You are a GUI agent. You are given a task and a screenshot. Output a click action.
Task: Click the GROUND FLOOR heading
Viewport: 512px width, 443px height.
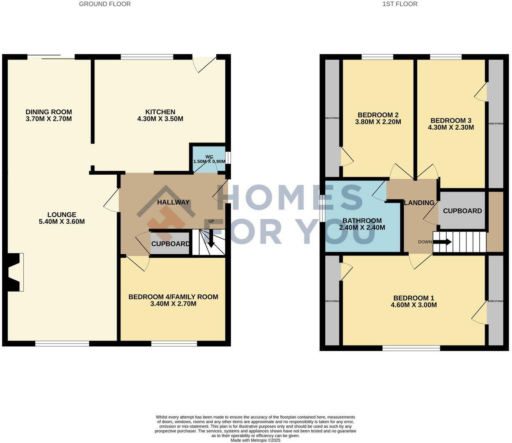coord(105,4)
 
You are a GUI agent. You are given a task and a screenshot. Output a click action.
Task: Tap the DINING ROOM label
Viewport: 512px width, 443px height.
coord(49,112)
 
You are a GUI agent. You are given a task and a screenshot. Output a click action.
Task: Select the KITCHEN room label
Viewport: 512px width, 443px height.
coord(161,112)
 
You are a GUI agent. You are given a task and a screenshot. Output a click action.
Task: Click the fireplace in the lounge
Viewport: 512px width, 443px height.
coord(14,272)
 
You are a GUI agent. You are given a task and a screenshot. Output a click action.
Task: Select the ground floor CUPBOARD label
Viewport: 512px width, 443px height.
coord(171,244)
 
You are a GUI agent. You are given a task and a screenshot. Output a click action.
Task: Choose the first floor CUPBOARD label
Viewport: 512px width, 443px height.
coord(462,211)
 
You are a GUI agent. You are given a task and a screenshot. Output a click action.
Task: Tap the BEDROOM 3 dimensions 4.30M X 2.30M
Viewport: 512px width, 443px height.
coord(452,128)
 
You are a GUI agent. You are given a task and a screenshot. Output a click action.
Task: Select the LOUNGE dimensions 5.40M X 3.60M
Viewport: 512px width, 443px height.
coord(62,222)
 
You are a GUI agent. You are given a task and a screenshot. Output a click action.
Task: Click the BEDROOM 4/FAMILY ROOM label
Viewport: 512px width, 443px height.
coord(173,297)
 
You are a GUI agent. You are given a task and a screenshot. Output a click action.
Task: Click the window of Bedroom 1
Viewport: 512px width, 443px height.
coord(411,348)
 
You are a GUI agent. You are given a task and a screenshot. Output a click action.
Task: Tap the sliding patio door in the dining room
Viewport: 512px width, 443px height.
coord(51,56)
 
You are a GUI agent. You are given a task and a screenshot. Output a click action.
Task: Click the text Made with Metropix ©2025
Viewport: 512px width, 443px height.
coord(255,440)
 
